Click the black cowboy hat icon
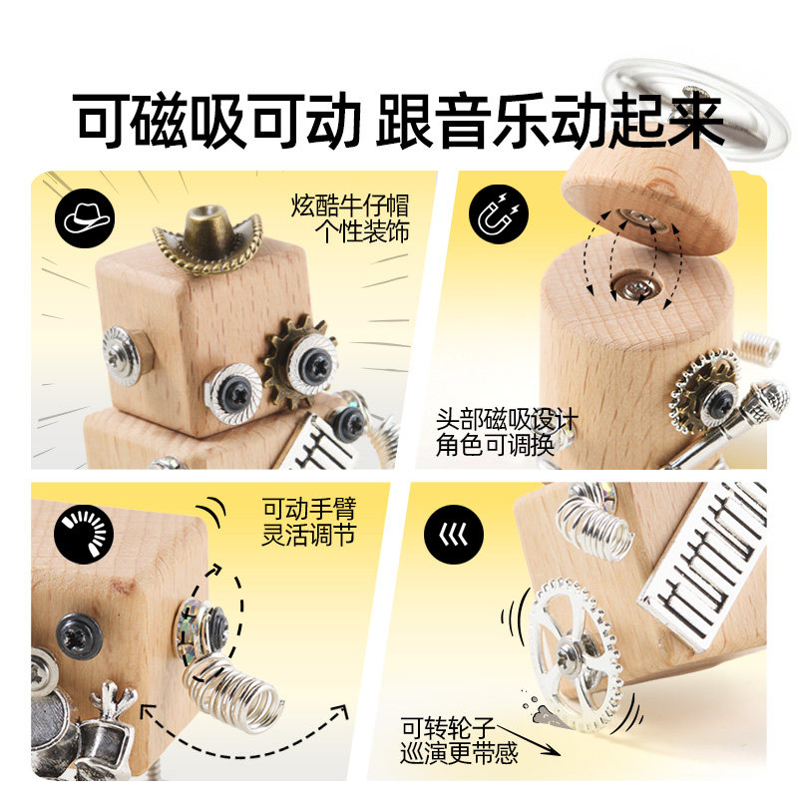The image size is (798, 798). tap(85, 218)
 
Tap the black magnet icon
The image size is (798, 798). tap(499, 213)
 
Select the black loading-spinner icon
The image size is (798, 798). tap(85, 534)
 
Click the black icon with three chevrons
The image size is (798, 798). tap(454, 535)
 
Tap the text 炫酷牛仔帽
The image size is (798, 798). tap(350, 205)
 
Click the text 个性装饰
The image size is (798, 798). tap(362, 232)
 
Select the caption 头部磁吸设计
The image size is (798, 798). tap(507, 420)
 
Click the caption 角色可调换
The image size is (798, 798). tap(495, 446)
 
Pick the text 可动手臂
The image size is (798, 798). tap(309, 509)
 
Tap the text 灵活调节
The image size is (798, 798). tap(309, 535)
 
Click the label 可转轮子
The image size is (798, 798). tap(447, 728)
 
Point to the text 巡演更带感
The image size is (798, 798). tap(459, 753)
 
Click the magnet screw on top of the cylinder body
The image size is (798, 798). tap(636, 287)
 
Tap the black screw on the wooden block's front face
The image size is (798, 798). tap(79, 634)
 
